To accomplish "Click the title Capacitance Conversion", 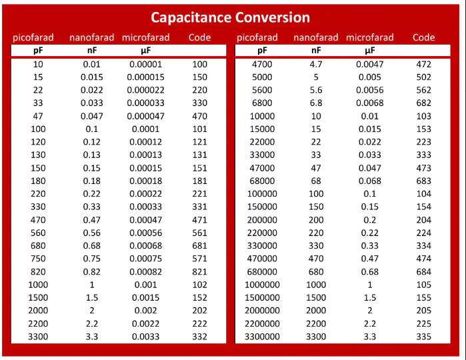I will coord(230,17).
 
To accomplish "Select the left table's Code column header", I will coord(199,37).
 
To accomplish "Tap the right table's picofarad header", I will coord(257,37).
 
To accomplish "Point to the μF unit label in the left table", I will coord(145,50).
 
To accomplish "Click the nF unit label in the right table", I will coord(316,50).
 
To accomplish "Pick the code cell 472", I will coord(423,65).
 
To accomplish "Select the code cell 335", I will coord(423,337).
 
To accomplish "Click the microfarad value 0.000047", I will coord(145,116).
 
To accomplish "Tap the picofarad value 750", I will coord(38,259).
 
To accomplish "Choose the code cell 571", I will coord(199,259).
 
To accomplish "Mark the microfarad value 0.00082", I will coord(145,272).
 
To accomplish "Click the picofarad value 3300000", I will coord(263,337).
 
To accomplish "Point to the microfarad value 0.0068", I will coord(369,103).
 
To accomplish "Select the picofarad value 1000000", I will coord(263,285).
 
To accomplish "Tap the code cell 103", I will coord(423,116).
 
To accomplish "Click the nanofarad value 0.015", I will coord(92,77).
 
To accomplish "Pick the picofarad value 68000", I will coord(263,181).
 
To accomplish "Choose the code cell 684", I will coord(423,272).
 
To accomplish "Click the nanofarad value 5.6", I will coord(316,91).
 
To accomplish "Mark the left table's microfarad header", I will coord(145,37).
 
